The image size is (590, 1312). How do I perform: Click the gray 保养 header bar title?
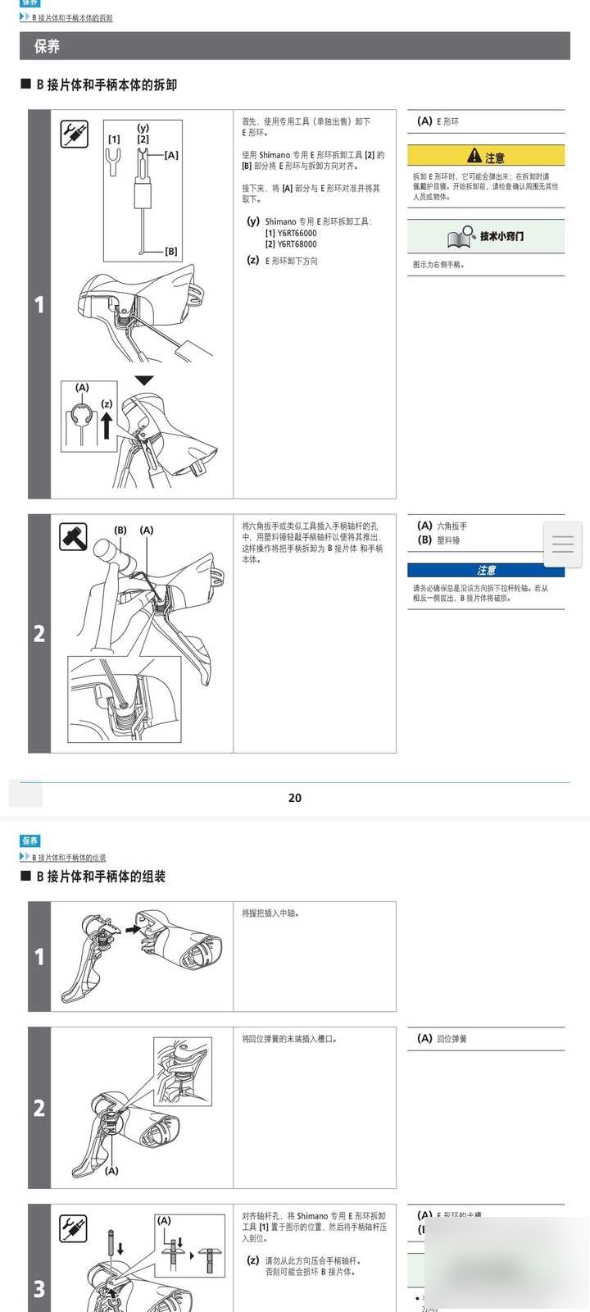tap(47, 47)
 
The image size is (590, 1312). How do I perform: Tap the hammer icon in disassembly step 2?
tap(74, 538)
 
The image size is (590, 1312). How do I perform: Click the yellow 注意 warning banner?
tap(486, 156)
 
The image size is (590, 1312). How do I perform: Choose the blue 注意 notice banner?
tap(486, 570)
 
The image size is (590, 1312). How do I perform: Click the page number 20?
tap(295, 797)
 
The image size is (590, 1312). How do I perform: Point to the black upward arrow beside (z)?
tap(107, 426)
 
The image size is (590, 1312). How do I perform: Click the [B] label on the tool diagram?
tap(170, 252)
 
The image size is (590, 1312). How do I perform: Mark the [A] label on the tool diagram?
tap(170, 155)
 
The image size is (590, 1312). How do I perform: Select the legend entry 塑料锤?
tap(448, 540)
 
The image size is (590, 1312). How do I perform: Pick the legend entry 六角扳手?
tap(452, 526)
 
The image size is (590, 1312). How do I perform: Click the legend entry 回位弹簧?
tap(452, 1039)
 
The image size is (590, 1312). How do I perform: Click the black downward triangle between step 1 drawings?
tap(144, 380)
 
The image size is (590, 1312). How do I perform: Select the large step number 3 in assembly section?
tap(39, 1289)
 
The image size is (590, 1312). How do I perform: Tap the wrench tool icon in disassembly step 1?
tap(74, 134)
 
